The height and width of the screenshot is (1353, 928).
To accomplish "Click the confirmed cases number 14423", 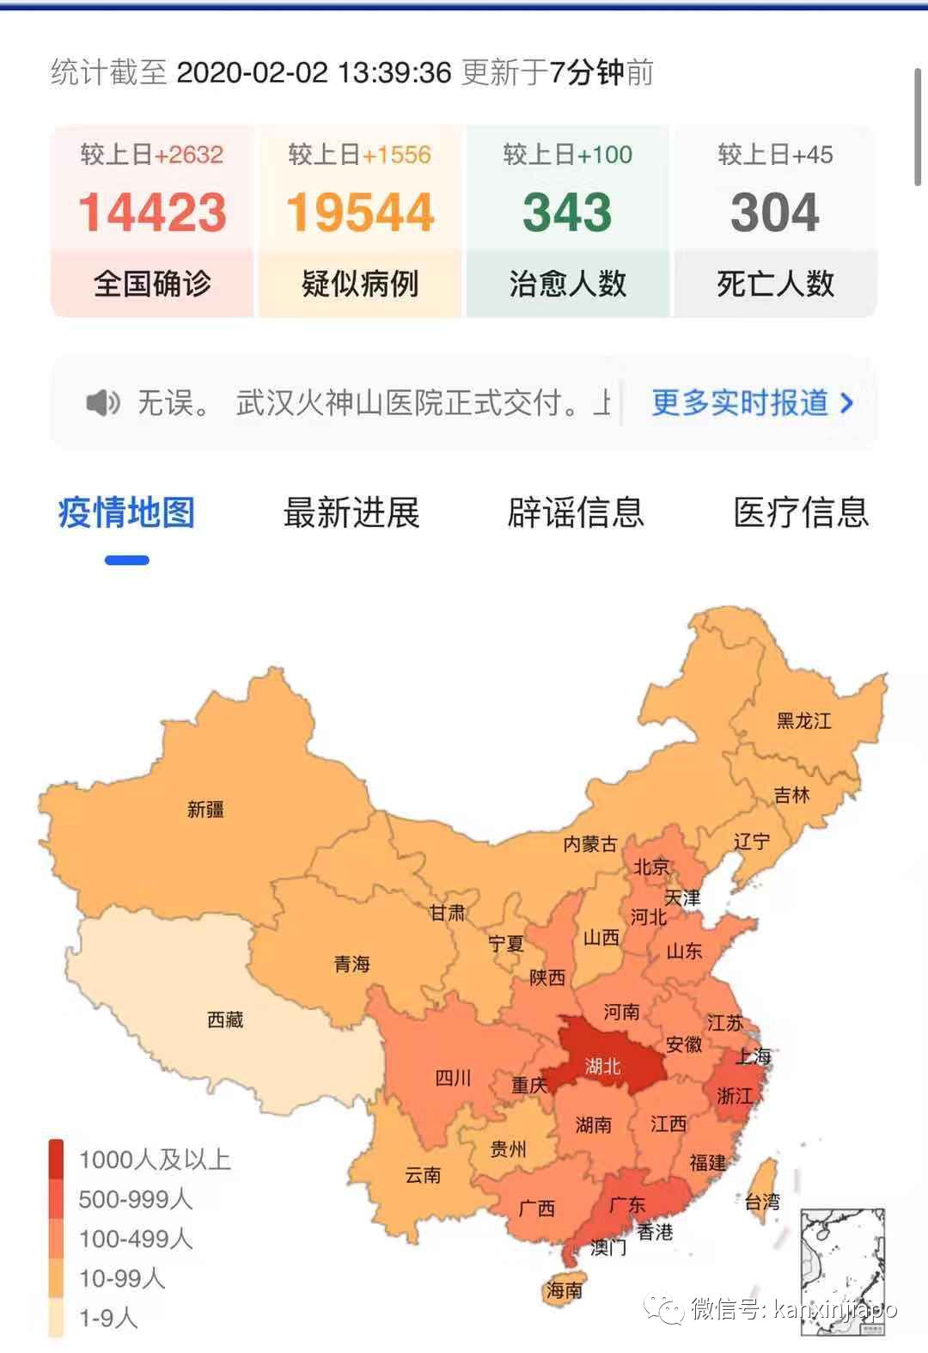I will point(152,212).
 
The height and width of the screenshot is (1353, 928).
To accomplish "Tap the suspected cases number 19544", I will point(360,212).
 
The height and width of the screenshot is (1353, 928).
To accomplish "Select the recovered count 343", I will point(567,212).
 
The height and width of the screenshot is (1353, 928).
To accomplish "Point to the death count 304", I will point(774,212).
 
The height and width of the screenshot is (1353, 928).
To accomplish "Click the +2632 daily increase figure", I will point(189,155).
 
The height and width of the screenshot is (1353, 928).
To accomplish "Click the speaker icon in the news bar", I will point(103,402).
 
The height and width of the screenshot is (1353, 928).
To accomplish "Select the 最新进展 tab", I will point(351,512).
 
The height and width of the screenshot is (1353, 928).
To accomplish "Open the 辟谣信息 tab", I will point(576,512).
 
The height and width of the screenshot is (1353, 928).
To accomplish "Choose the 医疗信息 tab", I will point(801,512).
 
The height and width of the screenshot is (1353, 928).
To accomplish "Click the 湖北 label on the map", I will point(602,1067).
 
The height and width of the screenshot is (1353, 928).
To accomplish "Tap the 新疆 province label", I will point(205,809).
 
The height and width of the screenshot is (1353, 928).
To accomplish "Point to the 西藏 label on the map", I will point(225,1019).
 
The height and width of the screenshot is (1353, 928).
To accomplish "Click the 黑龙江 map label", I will point(803,720).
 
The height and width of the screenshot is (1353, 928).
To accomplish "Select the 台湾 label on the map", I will point(761,1202).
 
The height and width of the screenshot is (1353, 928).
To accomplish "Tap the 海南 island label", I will point(564,1289).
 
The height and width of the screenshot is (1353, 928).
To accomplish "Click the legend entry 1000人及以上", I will point(155,1160).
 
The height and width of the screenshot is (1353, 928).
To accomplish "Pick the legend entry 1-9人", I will point(108,1318).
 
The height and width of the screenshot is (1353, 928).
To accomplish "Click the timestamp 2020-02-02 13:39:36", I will point(314,73).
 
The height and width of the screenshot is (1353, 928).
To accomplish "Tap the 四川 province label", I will point(453,1078).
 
